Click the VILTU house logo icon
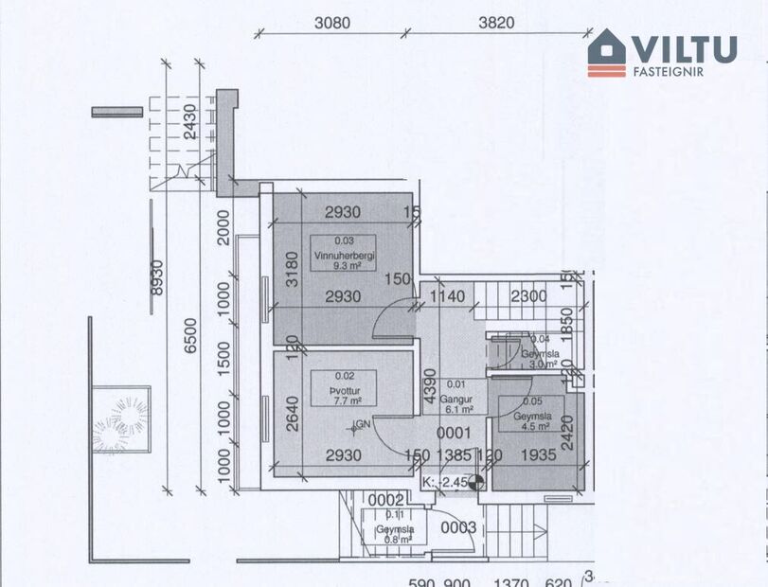[x=607, y=52]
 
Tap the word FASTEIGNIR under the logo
[x=669, y=71]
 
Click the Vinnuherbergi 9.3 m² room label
[x=342, y=254]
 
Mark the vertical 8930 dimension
[x=156, y=285]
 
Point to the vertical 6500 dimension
[x=191, y=338]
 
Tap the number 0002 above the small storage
[x=387, y=500]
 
